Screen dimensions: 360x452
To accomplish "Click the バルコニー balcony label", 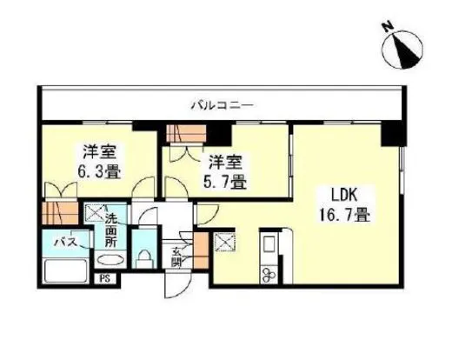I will [x=222, y=105].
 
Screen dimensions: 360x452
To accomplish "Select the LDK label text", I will [x=341, y=195].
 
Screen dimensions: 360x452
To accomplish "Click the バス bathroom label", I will [x=63, y=243].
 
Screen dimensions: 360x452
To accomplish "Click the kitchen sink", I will [x=269, y=243].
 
